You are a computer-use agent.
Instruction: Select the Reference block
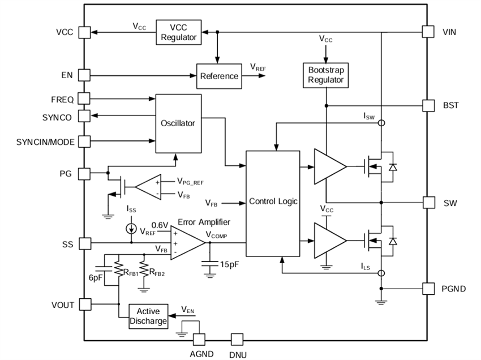point(219,76)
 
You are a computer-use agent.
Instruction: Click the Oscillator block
point(178,123)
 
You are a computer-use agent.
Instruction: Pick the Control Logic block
point(273,202)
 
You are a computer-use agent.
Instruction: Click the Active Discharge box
point(149,316)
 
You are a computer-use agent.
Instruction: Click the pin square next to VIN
point(429,32)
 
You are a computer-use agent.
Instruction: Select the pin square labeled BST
point(429,105)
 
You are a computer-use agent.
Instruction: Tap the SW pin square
point(429,203)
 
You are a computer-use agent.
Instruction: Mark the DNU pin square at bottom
point(237,340)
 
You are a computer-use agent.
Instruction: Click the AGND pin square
point(199,340)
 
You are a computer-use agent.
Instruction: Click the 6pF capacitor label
point(96,279)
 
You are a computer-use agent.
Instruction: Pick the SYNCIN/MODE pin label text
point(45,142)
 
